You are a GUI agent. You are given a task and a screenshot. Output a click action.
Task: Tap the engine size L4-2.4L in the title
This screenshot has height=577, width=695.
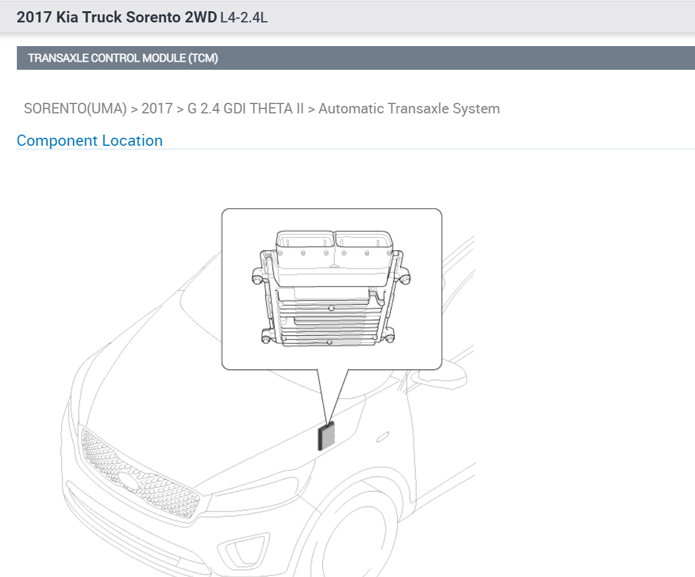point(244,17)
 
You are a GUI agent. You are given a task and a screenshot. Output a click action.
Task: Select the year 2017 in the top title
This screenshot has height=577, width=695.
point(34,17)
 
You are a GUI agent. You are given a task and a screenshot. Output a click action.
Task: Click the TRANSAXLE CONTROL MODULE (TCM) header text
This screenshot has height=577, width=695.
point(123,59)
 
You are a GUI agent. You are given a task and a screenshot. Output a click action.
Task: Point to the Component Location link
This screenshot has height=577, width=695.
point(90,141)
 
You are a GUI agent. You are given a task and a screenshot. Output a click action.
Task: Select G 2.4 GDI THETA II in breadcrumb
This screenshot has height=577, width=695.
point(245,108)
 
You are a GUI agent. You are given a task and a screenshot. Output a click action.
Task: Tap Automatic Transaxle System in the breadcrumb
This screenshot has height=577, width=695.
point(409,108)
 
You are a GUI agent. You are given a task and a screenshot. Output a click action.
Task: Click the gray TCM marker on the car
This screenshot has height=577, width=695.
point(327,436)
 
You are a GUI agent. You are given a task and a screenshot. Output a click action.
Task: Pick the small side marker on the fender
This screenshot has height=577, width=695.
point(383,436)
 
